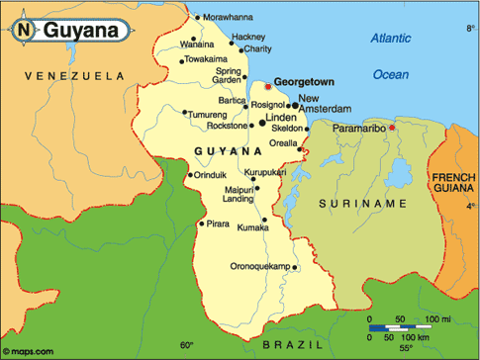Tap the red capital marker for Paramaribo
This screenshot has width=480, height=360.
click(392, 128)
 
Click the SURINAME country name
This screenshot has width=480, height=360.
click(362, 203)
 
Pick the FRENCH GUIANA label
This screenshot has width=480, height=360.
click(454, 183)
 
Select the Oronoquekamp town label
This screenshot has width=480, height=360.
click(261, 268)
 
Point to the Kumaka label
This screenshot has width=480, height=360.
click(252, 228)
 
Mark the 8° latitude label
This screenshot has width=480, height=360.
click(471, 29)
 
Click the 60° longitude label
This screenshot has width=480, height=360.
click(187, 345)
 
